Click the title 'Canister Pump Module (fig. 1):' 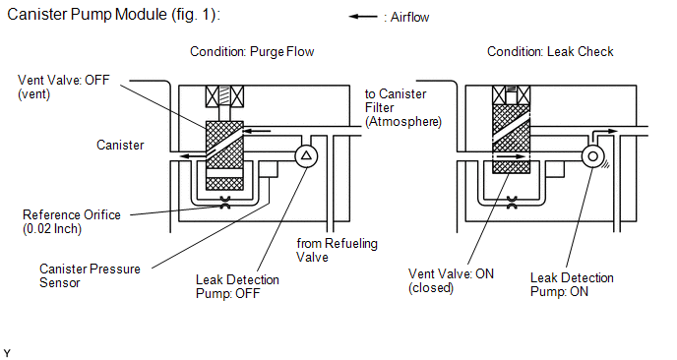(113, 14)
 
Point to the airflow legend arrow (363, 17)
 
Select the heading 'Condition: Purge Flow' (252, 52)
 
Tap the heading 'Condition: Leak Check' (550, 52)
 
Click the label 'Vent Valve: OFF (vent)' (63, 87)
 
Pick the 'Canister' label (120, 145)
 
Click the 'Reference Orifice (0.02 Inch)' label (72, 221)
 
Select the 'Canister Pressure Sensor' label (90, 275)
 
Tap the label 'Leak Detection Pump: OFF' (237, 286)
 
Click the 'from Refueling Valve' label (337, 251)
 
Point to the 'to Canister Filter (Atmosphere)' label (403, 108)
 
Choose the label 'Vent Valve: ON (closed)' (452, 280)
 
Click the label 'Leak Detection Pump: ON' (572, 284)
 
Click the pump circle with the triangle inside (306, 155)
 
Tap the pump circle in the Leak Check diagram (592, 155)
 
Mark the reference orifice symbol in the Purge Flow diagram (225, 203)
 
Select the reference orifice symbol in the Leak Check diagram (512, 203)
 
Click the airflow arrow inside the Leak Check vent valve (512, 156)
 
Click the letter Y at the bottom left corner (7, 353)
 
